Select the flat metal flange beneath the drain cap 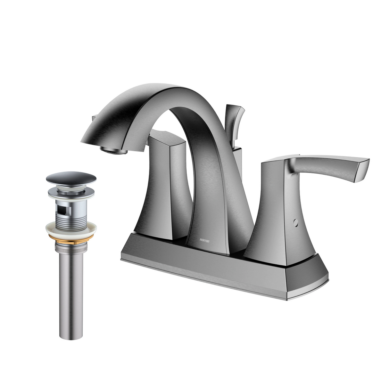point(71,192)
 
